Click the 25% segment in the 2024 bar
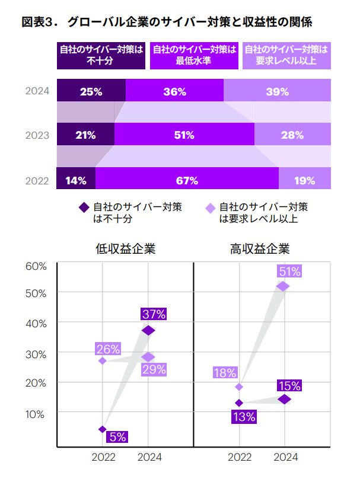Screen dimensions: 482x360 tap(91, 91)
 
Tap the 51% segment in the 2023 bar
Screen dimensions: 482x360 tap(184, 135)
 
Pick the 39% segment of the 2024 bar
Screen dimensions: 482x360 tap(277, 91)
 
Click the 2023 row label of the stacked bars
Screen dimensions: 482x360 tap(37, 135)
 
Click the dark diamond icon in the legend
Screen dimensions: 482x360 tap(84, 208)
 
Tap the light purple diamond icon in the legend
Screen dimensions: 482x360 tap(209, 208)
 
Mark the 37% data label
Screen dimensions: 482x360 tap(153, 314)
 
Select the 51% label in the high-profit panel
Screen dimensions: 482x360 tap(289, 272)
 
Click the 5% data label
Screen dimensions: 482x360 tap(117, 437)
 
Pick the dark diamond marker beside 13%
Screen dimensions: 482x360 tap(239, 403)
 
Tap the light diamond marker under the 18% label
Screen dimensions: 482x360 tap(239, 387)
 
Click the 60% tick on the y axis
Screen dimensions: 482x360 tap(36, 266)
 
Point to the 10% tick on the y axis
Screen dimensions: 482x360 tap(36, 414)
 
